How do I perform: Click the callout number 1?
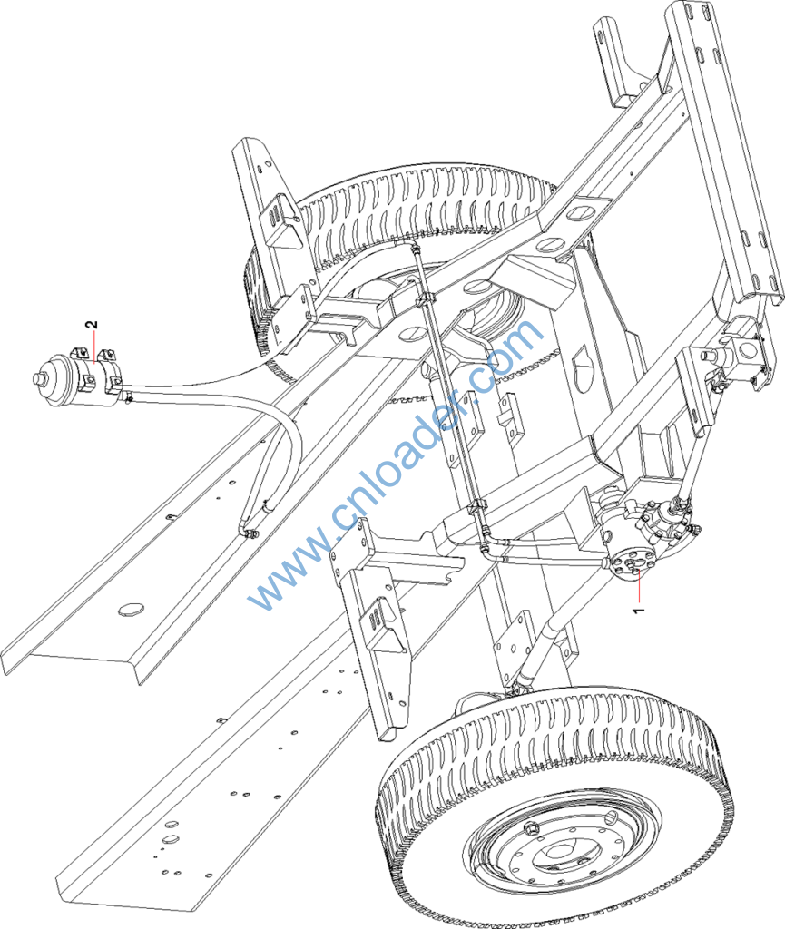click(x=638, y=609)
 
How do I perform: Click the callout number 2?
click(x=92, y=325)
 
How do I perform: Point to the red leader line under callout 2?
click(x=93, y=347)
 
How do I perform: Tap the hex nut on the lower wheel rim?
click(x=531, y=827)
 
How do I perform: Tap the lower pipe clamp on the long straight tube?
click(x=476, y=507)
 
